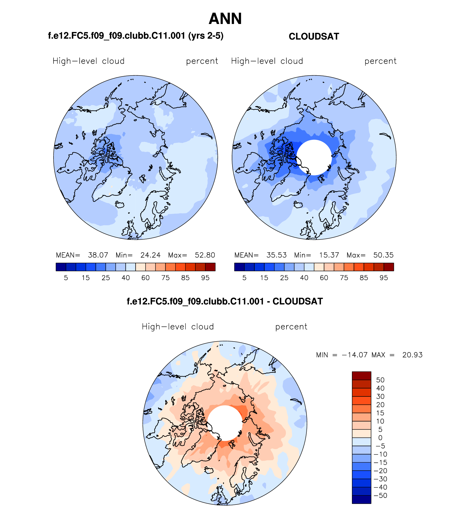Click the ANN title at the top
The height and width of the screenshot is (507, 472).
pyautogui.click(x=225, y=19)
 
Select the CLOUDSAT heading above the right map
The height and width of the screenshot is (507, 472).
pyautogui.click(x=314, y=36)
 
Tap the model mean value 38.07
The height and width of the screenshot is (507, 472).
pyautogui.click(x=98, y=255)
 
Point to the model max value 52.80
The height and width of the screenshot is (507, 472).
pyautogui.click(x=205, y=255)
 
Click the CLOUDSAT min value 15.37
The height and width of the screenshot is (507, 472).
pyautogui.click(x=329, y=255)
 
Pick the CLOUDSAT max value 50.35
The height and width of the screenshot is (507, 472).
pyautogui.click(x=383, y=255)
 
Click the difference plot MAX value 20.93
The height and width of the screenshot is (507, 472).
pyautogui.click(x=412, y=355)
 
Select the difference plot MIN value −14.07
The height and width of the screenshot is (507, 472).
pyautogui.click(x=354, y=355)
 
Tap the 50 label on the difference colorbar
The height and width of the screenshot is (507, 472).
pyautogui.click(x=380, y=380)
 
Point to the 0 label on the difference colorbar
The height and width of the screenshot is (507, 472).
pyautogui.click(x=380, y=438)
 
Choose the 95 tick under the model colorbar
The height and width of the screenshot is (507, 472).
pyautogui.click(x=205, y=278)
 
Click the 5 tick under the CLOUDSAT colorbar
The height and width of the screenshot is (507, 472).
pyautogui.click(x=244, y=278)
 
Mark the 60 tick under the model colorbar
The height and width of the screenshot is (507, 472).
pyautogui.click(x=145, y=278)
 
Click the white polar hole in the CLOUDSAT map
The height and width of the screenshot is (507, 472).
pyautogui.click(x=314, y=157)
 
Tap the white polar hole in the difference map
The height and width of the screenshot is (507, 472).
pyautogui.click(x=225, y=423)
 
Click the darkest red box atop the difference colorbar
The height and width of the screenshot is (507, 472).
pyautogui.click(x=361, y=376)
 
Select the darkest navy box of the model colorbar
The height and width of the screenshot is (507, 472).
pyautogui.click(x=61, y=267)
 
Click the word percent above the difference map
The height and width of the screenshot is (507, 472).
pyautogui.click(x=291, y=327)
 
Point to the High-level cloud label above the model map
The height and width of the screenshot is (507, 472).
pyautogui.click(x=88, y=61)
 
